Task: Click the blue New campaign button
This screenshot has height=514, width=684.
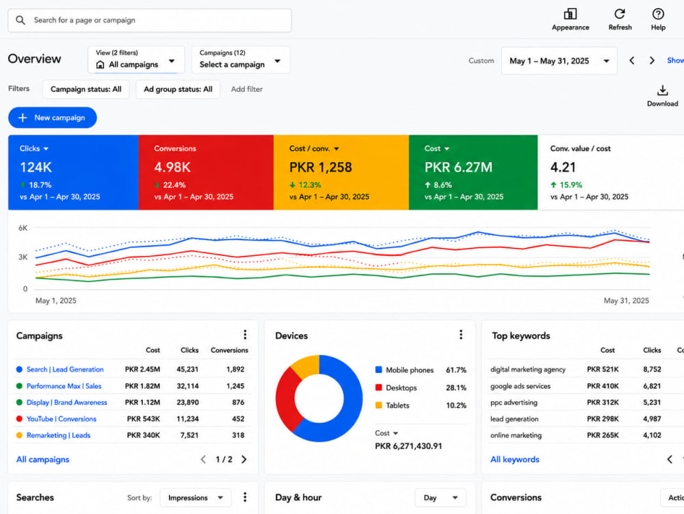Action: tap(53, 118)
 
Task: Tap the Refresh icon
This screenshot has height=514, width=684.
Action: tap(620, 14)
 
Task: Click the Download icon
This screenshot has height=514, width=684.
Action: tap(662, 90)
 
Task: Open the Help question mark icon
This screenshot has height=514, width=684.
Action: tap(658, 14)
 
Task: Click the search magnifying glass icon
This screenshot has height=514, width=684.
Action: tap(21, 20)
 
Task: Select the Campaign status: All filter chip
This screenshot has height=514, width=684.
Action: tap(86, 90)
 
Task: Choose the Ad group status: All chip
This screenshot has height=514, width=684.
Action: tap(178, 90)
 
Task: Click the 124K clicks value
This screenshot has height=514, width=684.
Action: tap(36, 167)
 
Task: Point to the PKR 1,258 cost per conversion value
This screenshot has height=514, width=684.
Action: tap(321, 167)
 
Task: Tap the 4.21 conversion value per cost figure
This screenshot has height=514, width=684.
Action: tap(563, 167)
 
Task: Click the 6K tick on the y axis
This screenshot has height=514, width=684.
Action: tap(23, 228)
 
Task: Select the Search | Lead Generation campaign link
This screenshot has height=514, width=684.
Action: tap(65, 370)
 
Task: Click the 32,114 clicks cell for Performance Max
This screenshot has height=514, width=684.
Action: tap(187, 386)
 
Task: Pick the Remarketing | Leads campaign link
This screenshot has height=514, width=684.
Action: tap(58, 435)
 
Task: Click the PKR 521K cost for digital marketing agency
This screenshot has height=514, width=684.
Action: tap(603, 370)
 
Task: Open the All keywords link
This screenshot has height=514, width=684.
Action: tap(515, 459)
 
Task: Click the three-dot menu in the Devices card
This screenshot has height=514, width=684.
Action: tap(460, 335)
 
